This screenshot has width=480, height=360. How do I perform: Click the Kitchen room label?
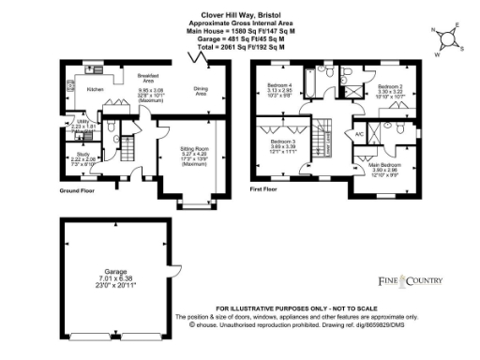(x=95, y=89)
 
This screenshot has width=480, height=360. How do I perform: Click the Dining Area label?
(x=201, y=91)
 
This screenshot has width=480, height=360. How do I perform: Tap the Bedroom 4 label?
(x=279, y=86)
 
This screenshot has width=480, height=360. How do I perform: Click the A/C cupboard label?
(x=359, y=134)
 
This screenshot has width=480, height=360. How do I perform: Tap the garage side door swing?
(x=173, y=273)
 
